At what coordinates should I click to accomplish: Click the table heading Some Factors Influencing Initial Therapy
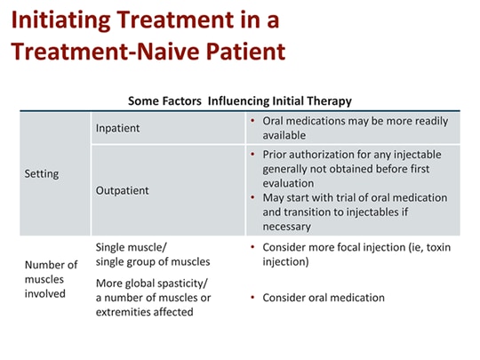[239, 101]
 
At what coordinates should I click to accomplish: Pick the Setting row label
[41, 174]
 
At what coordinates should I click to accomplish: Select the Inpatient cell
[117, 129]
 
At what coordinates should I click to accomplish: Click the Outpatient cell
[122, 190]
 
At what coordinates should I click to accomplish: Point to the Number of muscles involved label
[51, 278]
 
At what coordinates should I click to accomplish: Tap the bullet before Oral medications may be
[253, 121]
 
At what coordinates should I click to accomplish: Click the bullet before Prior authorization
[253, 155]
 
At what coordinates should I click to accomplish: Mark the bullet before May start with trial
[253, 197]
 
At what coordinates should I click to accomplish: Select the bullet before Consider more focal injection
[253, 246]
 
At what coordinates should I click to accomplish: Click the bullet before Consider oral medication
[253, 298]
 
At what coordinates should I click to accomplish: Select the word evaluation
[289, 183]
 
